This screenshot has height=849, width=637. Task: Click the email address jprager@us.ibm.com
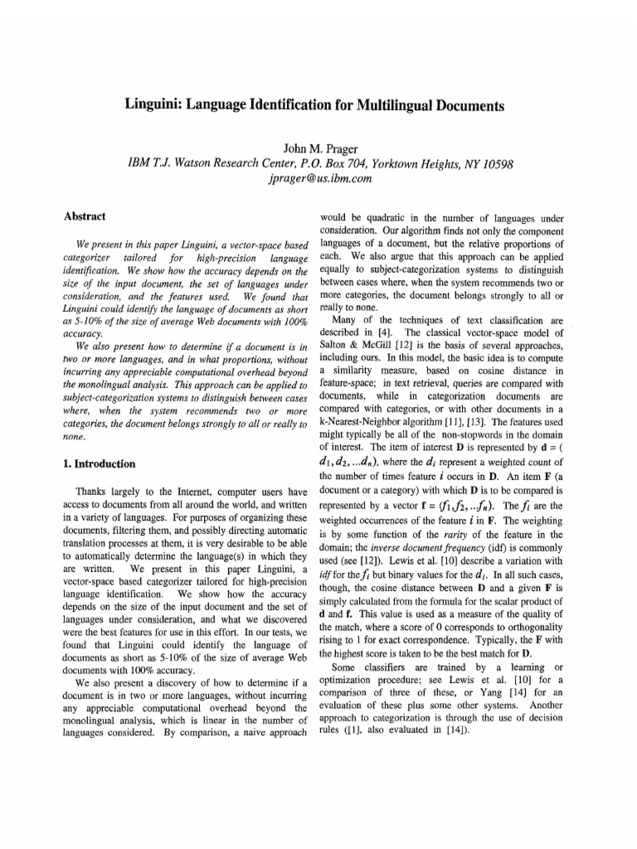pos(319,178)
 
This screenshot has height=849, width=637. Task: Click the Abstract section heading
pos(85,216)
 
